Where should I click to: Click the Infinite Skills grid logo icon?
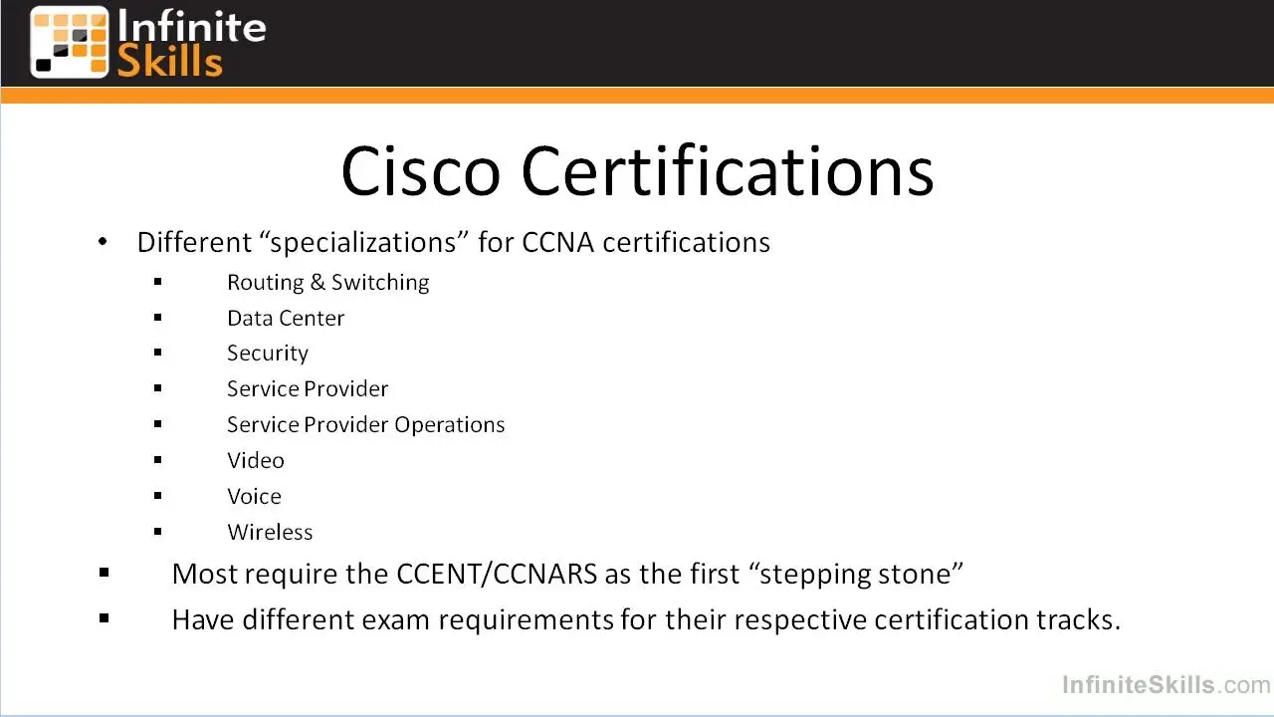(x=70, y=42)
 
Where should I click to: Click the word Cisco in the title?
(x=420, y=171)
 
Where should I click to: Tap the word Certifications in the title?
(x=728, y=170)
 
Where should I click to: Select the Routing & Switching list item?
(x=328, y=282)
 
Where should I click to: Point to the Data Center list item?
(x=286, y=318)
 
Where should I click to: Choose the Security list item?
(x=268, y=354)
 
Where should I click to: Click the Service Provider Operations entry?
(x=365, y=424)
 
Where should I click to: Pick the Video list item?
(x=256, y=460)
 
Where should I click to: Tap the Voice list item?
(x=254, y=496)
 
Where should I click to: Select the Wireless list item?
(x=270, y=532)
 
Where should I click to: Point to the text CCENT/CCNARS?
(x=497, y=574)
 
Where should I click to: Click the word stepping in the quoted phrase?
(x=815, y=575)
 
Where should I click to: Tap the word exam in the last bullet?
(x=395, y=619)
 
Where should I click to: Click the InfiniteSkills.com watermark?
(x=1166, y=684)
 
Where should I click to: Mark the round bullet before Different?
(x=103, y=242)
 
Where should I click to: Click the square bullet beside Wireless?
(x=158, y=532)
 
